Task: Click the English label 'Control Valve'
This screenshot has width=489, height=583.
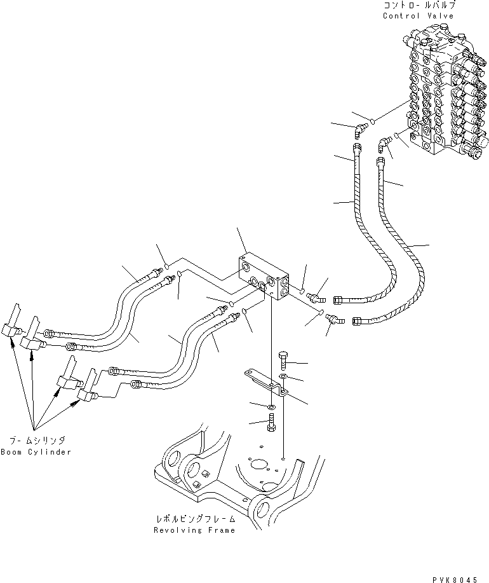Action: (419, 15)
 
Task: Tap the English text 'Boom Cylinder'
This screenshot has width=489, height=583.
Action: (36, 452)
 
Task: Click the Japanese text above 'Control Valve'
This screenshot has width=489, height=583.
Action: (419, 6)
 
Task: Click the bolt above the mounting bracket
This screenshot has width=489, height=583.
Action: (283, 362)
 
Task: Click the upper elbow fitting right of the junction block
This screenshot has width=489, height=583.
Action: (315, 296)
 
